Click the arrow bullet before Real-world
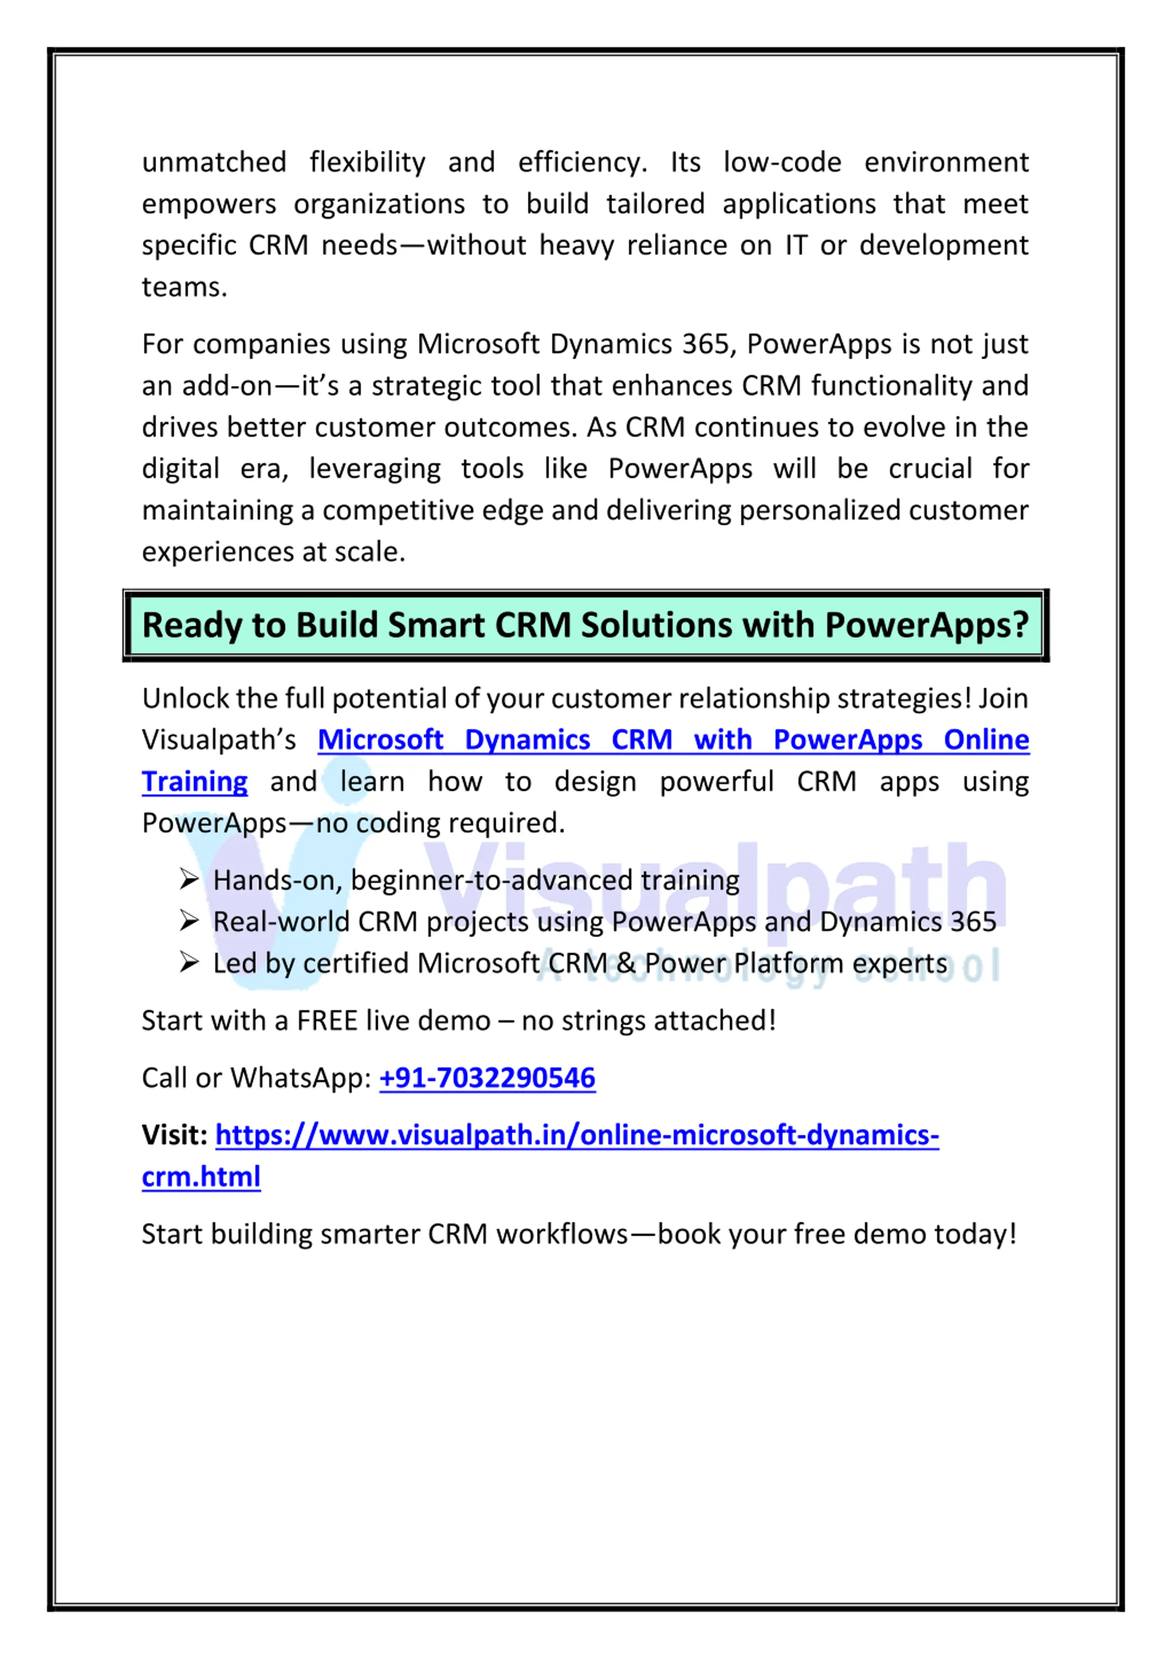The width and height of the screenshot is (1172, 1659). pos(189,921)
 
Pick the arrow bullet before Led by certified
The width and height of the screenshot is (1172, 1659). pos(189,963)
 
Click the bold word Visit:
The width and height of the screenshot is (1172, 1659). pos(175,1135)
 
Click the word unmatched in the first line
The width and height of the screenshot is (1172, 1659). pos(214,163)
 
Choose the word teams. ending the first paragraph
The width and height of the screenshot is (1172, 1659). pos(184,288)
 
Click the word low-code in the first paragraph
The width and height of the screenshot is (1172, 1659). pos(782,163)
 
